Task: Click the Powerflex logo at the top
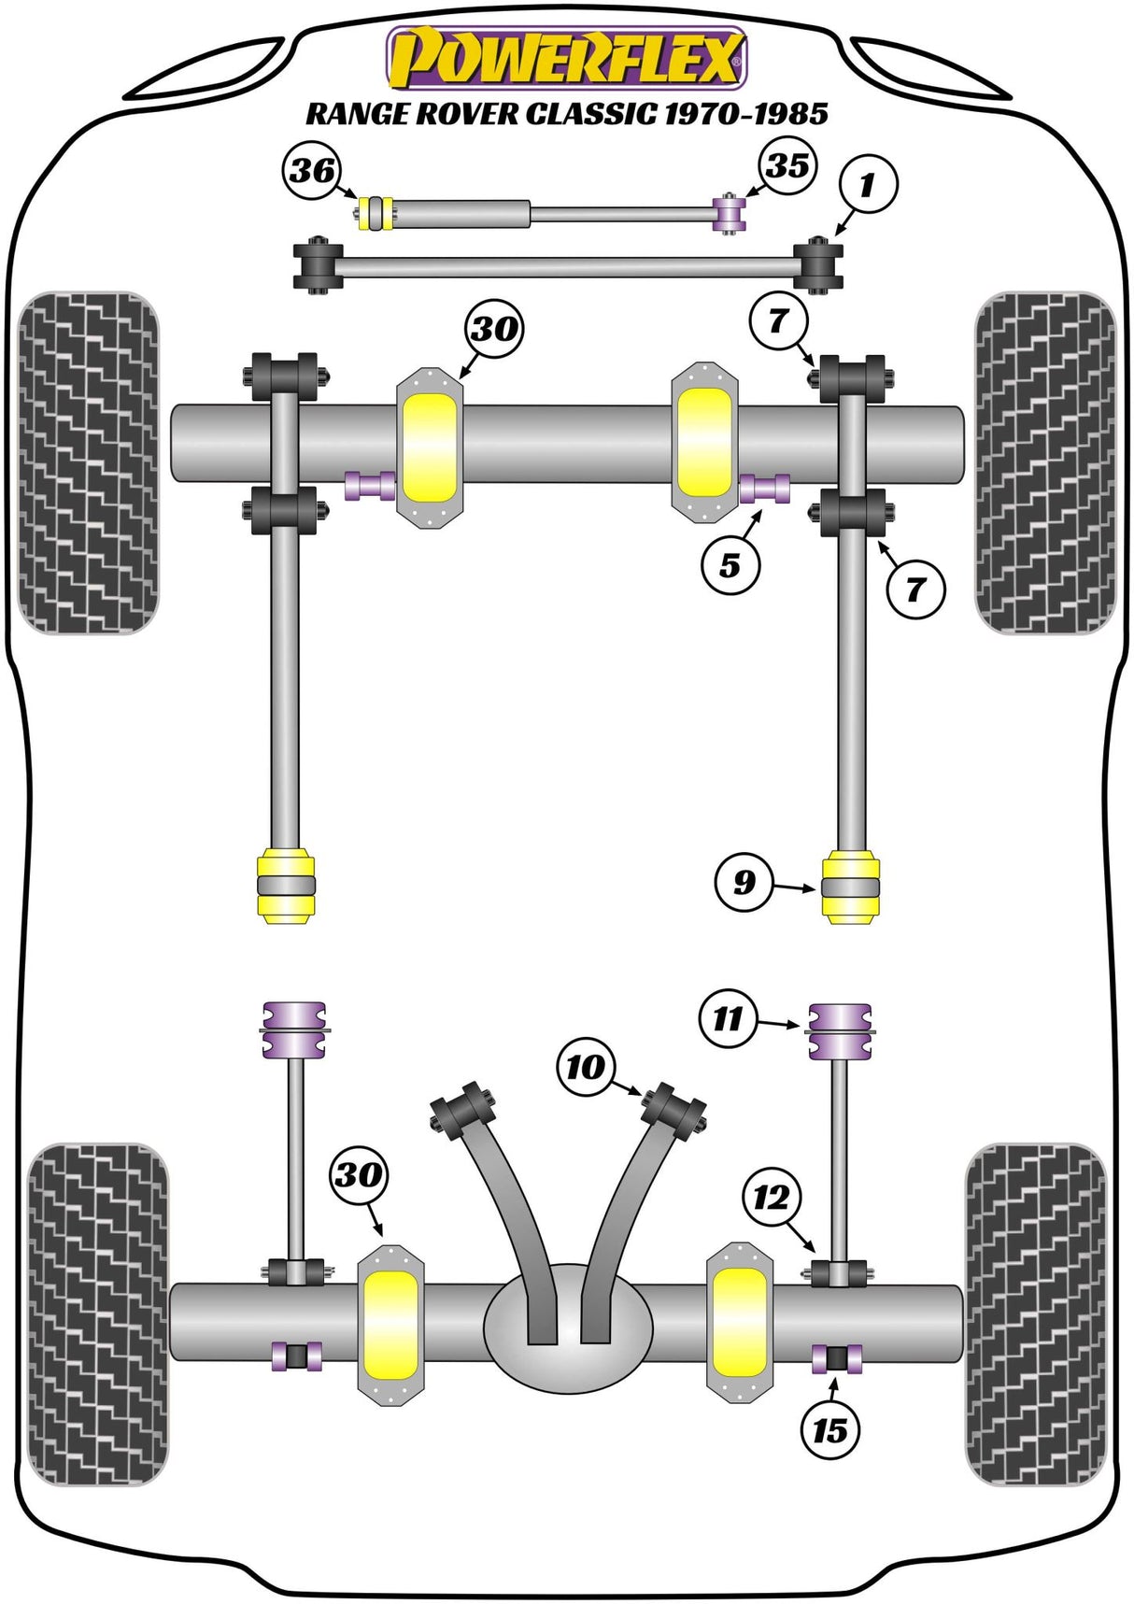[x=567, y=58]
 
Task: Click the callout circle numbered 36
[x=312, y=170]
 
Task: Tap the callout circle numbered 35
[x=787, y=165]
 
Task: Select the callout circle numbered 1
[x=866, y=184]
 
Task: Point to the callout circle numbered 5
[x=730, y=564]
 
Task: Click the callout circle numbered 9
[x=744, y=882]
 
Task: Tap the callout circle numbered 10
[x=586, y=1066]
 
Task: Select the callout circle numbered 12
[x=772, y=1198]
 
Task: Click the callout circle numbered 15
[x=829, y=1429]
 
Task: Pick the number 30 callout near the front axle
[x=494, y=329]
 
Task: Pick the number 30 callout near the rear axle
[x=360, y=1174]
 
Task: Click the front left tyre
[x=89, y=462]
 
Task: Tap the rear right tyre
[x=1035, y=1314]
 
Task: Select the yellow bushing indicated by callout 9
[x=850, y=886]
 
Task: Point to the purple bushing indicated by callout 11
[x=839, y=1031]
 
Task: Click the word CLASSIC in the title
[x=590, y=114]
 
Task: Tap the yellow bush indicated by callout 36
[x=376, y=214]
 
